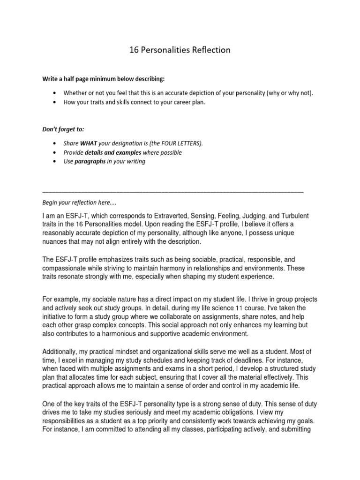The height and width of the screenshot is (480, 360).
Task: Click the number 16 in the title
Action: (135, 50)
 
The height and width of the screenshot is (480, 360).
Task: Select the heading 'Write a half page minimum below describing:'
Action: (104, 77)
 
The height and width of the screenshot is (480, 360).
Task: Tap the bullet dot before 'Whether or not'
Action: (56, 93)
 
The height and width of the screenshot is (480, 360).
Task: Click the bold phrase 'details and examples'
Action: (112, 153)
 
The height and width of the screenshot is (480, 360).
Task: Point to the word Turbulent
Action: (292, 215)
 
